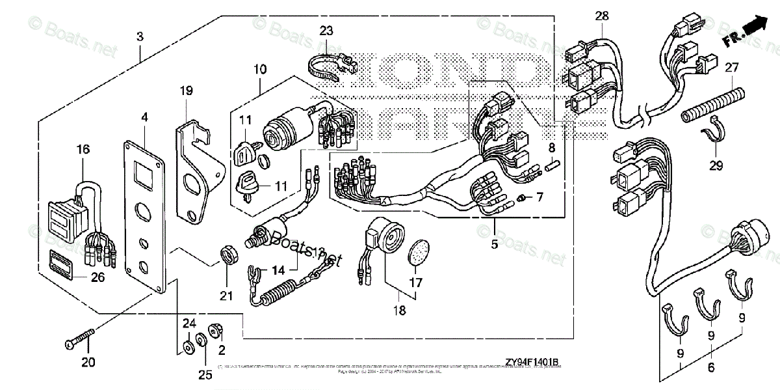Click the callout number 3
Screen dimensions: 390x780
pos(140,37)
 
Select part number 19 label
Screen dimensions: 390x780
pos(186,91)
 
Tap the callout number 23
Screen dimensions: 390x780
pos(326,29)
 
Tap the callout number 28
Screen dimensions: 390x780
pos(602,15)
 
